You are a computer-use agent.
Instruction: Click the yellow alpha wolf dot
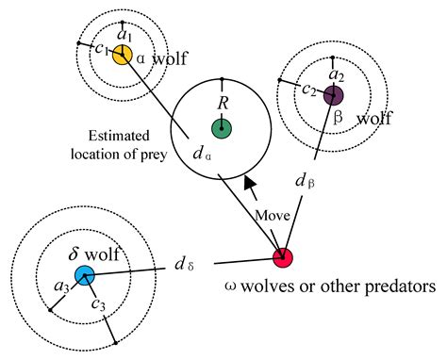(122, 55)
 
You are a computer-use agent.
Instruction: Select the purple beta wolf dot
(333, 95)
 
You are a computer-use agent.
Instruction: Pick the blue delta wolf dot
(85, 275)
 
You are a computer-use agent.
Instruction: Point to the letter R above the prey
(223, 102)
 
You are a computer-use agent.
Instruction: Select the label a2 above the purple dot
(333, 74)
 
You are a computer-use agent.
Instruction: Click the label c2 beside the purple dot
(308, 90)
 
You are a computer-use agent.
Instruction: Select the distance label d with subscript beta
(303, 178)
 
